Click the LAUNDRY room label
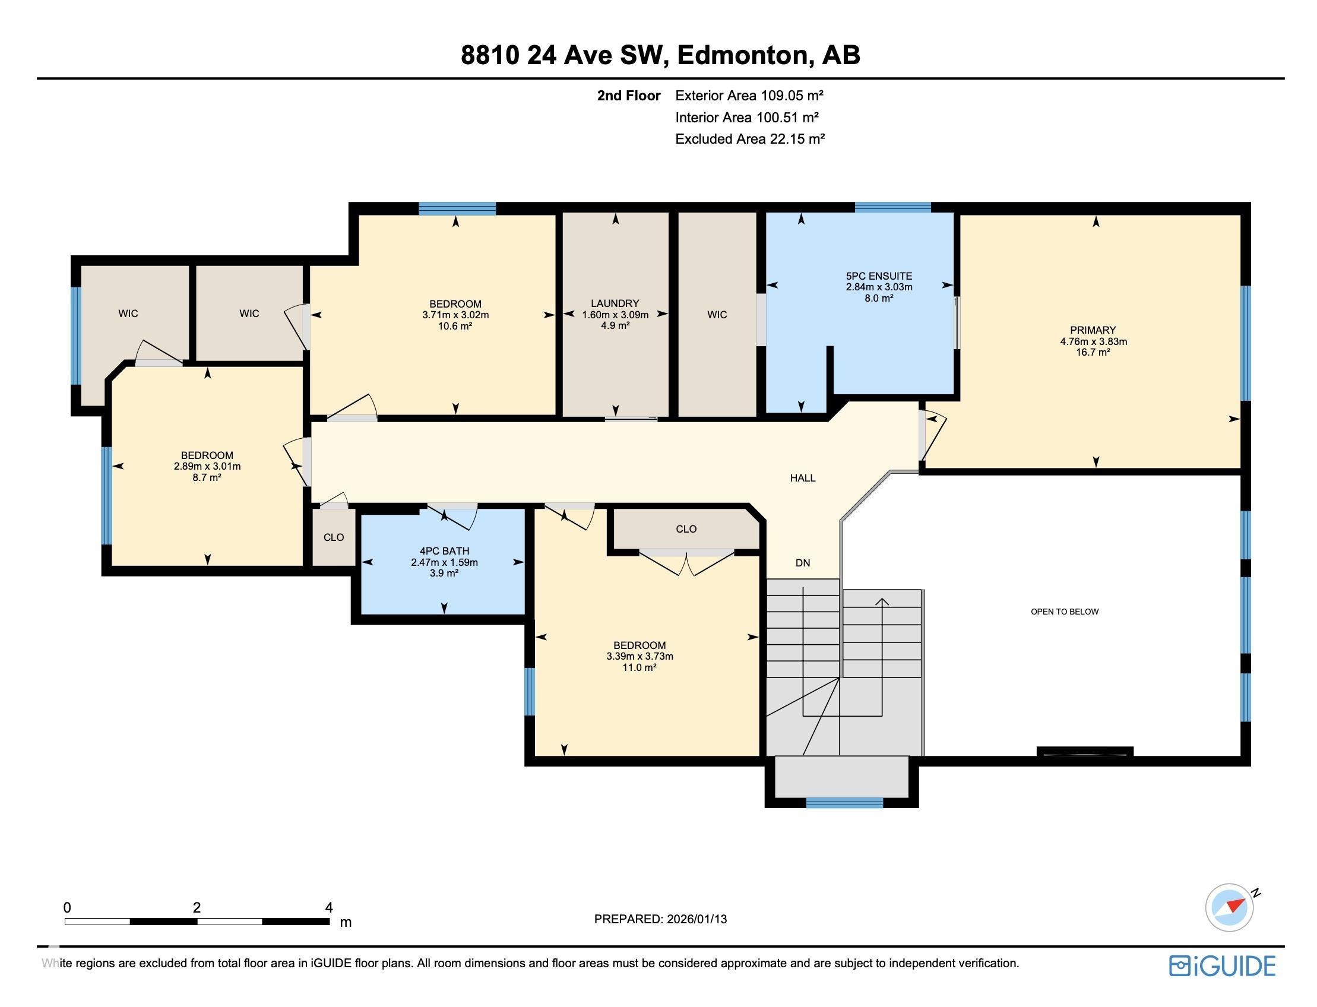pyautogui.click(x=615, y=304)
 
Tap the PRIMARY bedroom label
pyautogui.click(x=1092, y=330)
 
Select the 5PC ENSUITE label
pyautogui.click(x=878, y=276)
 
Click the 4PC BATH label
pyautogui.click(x=444, y=551)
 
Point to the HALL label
pyautogui.click(x=802, y=478)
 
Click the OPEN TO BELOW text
pyautogui.click(x=1064, y=612)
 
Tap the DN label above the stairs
pyautogui.click(x=802, y=562)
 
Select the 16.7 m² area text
pyautogui.click(x=1092, y=353)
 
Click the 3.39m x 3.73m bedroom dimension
pyautogui.click(x=639, y=656)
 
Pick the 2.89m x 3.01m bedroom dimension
pyautogui.click(x=207, y=466)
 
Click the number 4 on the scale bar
pyautogui.click(x=328, y=907)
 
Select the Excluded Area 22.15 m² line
pyautogui.click(x=749, y=139)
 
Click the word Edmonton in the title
pyautogui.click(x=743, y=55)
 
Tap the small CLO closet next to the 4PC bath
pyautogui.click(x=333, y=537)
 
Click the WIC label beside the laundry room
pyautogui.click(x=716, y=315)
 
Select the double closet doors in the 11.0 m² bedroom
pyautogui.click(x=686, y=562)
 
